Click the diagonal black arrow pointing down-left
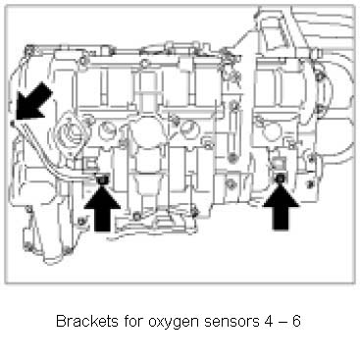pyautogui.click(x=34, y=101)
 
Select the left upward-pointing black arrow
pyautogui.click(x=102, y=209)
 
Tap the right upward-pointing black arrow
pyautogui.click(x=281, y=208)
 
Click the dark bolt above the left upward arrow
pyautogui.click(x=102, y=180)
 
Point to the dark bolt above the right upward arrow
pyautogui.click(x=281, y=179)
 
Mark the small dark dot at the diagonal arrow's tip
pyautogui.click(x=13, y=123)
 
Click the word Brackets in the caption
pyautogui.click(x=87, y=321)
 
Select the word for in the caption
pyautogui.click(x=133, y=321)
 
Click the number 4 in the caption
pyautogui.click(x=268, y=321)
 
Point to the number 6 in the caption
pyautogui.click(x=296, y=321)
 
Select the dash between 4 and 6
pyautogui.click(x=283, y=323)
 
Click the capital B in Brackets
pyautogui.click(x=61, y=321)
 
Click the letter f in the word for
pyautogui.click(x=127, y=321)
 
